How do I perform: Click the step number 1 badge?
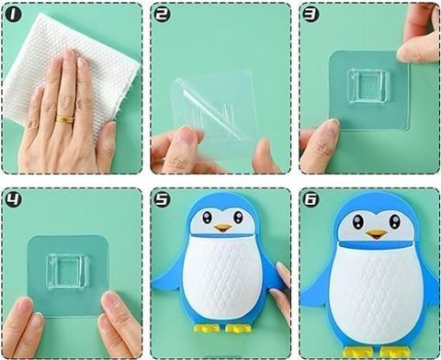coord(13,15)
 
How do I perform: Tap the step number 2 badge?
coord(162,15)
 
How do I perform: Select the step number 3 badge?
coord(311,14)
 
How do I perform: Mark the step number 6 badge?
coord(311,199)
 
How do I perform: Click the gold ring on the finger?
coord(65,118)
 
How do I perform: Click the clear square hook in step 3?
coord(368,88)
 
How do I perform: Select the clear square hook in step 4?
coord(66,271)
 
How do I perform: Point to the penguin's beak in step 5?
coord(222,228)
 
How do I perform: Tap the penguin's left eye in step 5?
coord(207,218)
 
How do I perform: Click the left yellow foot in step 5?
coord(207,328)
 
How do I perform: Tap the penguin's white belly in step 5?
coord(221,277)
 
